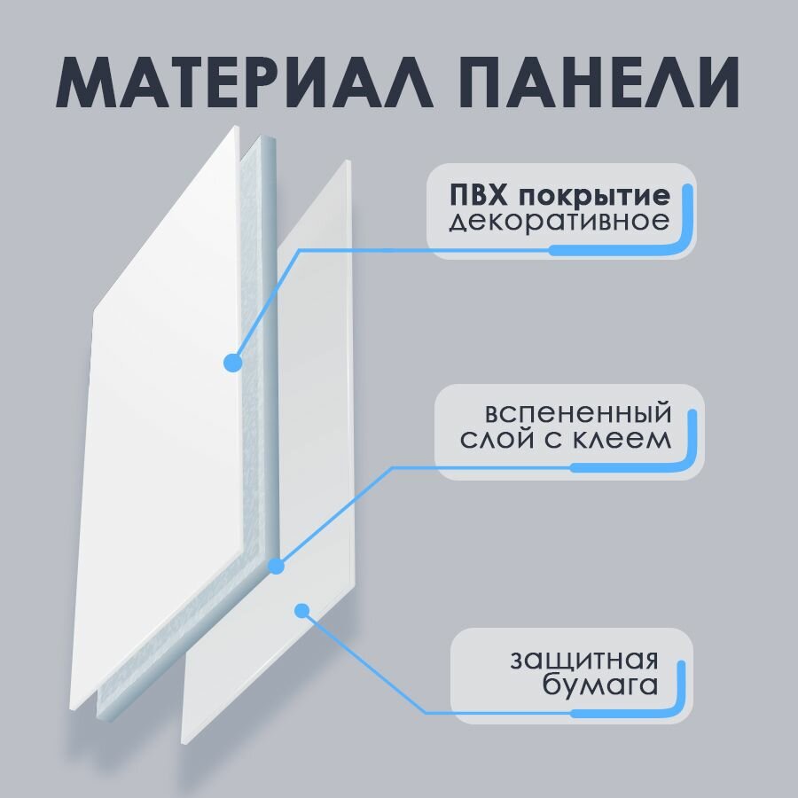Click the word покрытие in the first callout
pyautogui.click(x=593, y=195)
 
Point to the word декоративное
pyautogui.click(x=559, y=221)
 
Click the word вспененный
pyautogui.click(x=577, y=413)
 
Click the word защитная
pyautogui.click(x=583, y=661)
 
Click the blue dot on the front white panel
pyautogui.click(x=232, y=362)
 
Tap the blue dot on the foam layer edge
pyautogui.click(x=275, y=564)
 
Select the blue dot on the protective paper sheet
pyautogui.click(x=301, y=610)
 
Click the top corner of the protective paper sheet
pyautogui.click(x=348, y=161)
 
